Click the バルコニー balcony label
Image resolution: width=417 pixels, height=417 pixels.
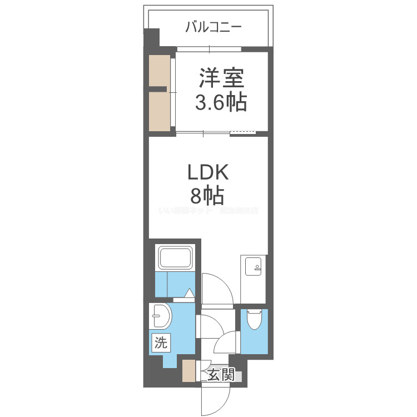[x=214, y=27]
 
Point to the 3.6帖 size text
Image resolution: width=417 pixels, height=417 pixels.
[x=221, y=103]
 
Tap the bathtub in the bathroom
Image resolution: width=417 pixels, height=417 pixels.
[x=176, y=259]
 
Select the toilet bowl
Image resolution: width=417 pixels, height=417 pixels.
[x=254, y=320]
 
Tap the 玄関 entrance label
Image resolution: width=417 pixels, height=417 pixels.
[x=221, y=375]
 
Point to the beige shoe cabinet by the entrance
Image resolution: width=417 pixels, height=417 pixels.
[x=189, y=371]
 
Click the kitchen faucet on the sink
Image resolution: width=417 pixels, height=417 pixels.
[x=257, y=267]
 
